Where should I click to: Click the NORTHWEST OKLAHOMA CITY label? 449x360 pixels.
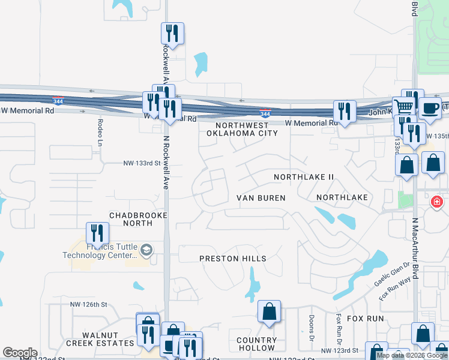242,129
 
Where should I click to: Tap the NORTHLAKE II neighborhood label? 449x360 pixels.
303,177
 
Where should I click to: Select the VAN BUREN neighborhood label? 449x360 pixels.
261,197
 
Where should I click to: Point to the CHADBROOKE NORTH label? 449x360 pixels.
137,219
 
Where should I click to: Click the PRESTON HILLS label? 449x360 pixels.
233,258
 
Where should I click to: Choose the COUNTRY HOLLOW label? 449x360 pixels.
256,344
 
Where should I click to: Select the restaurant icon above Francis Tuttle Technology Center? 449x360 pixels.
96,233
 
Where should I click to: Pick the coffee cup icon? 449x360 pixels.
429,108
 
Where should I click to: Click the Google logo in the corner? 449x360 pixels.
20,352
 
